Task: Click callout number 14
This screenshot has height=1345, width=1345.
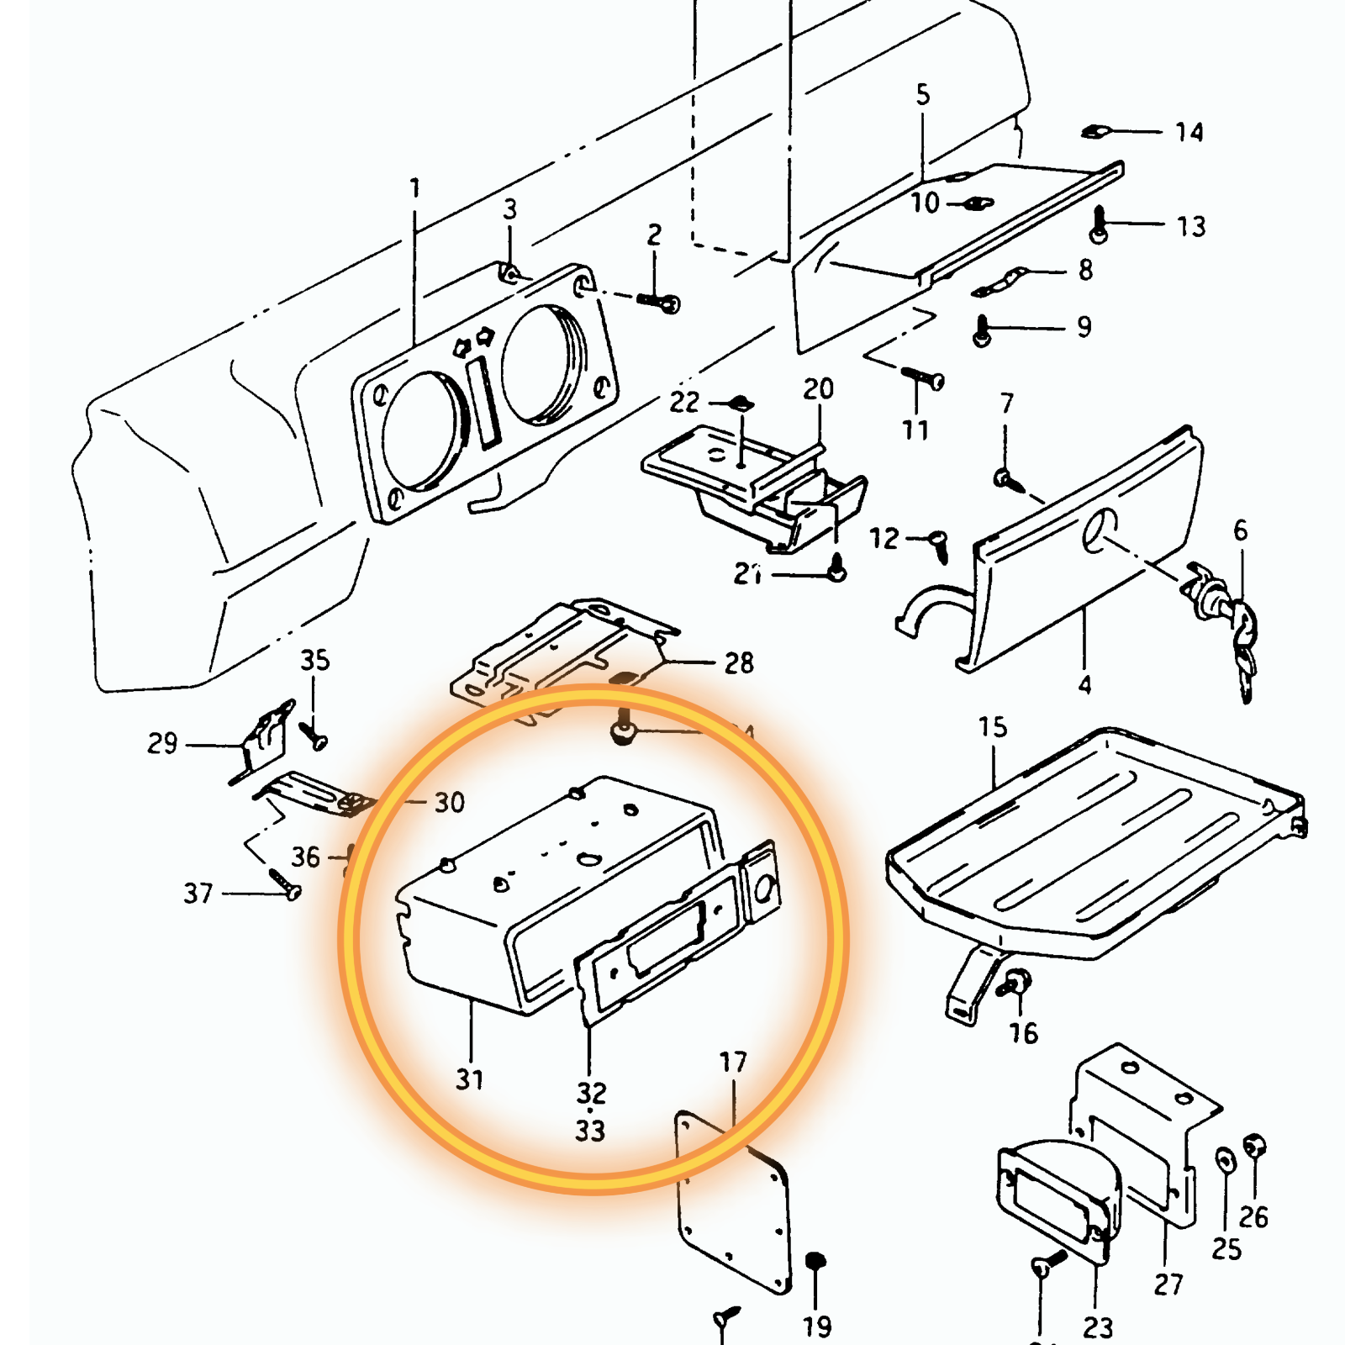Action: pos(1189,132)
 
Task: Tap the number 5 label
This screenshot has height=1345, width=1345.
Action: pos(923,94)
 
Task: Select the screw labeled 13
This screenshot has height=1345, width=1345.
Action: pos(1099,225)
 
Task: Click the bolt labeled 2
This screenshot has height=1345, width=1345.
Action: pos(659,301)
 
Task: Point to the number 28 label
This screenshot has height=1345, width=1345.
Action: pos(739,663)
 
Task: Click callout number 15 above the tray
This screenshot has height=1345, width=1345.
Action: pos(992,727)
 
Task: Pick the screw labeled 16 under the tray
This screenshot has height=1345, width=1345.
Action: pos(1013,984)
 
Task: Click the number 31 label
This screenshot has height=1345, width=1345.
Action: pos(469,1079)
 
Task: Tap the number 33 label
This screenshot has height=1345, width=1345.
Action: pos(590,1131)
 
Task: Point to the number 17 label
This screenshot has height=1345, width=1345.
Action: pos(732,1063)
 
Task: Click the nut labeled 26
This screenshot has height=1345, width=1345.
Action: pos(1253,1147)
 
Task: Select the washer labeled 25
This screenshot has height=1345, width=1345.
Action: pos(1226,1162)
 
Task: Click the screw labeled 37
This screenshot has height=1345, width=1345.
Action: pos(284,883)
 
